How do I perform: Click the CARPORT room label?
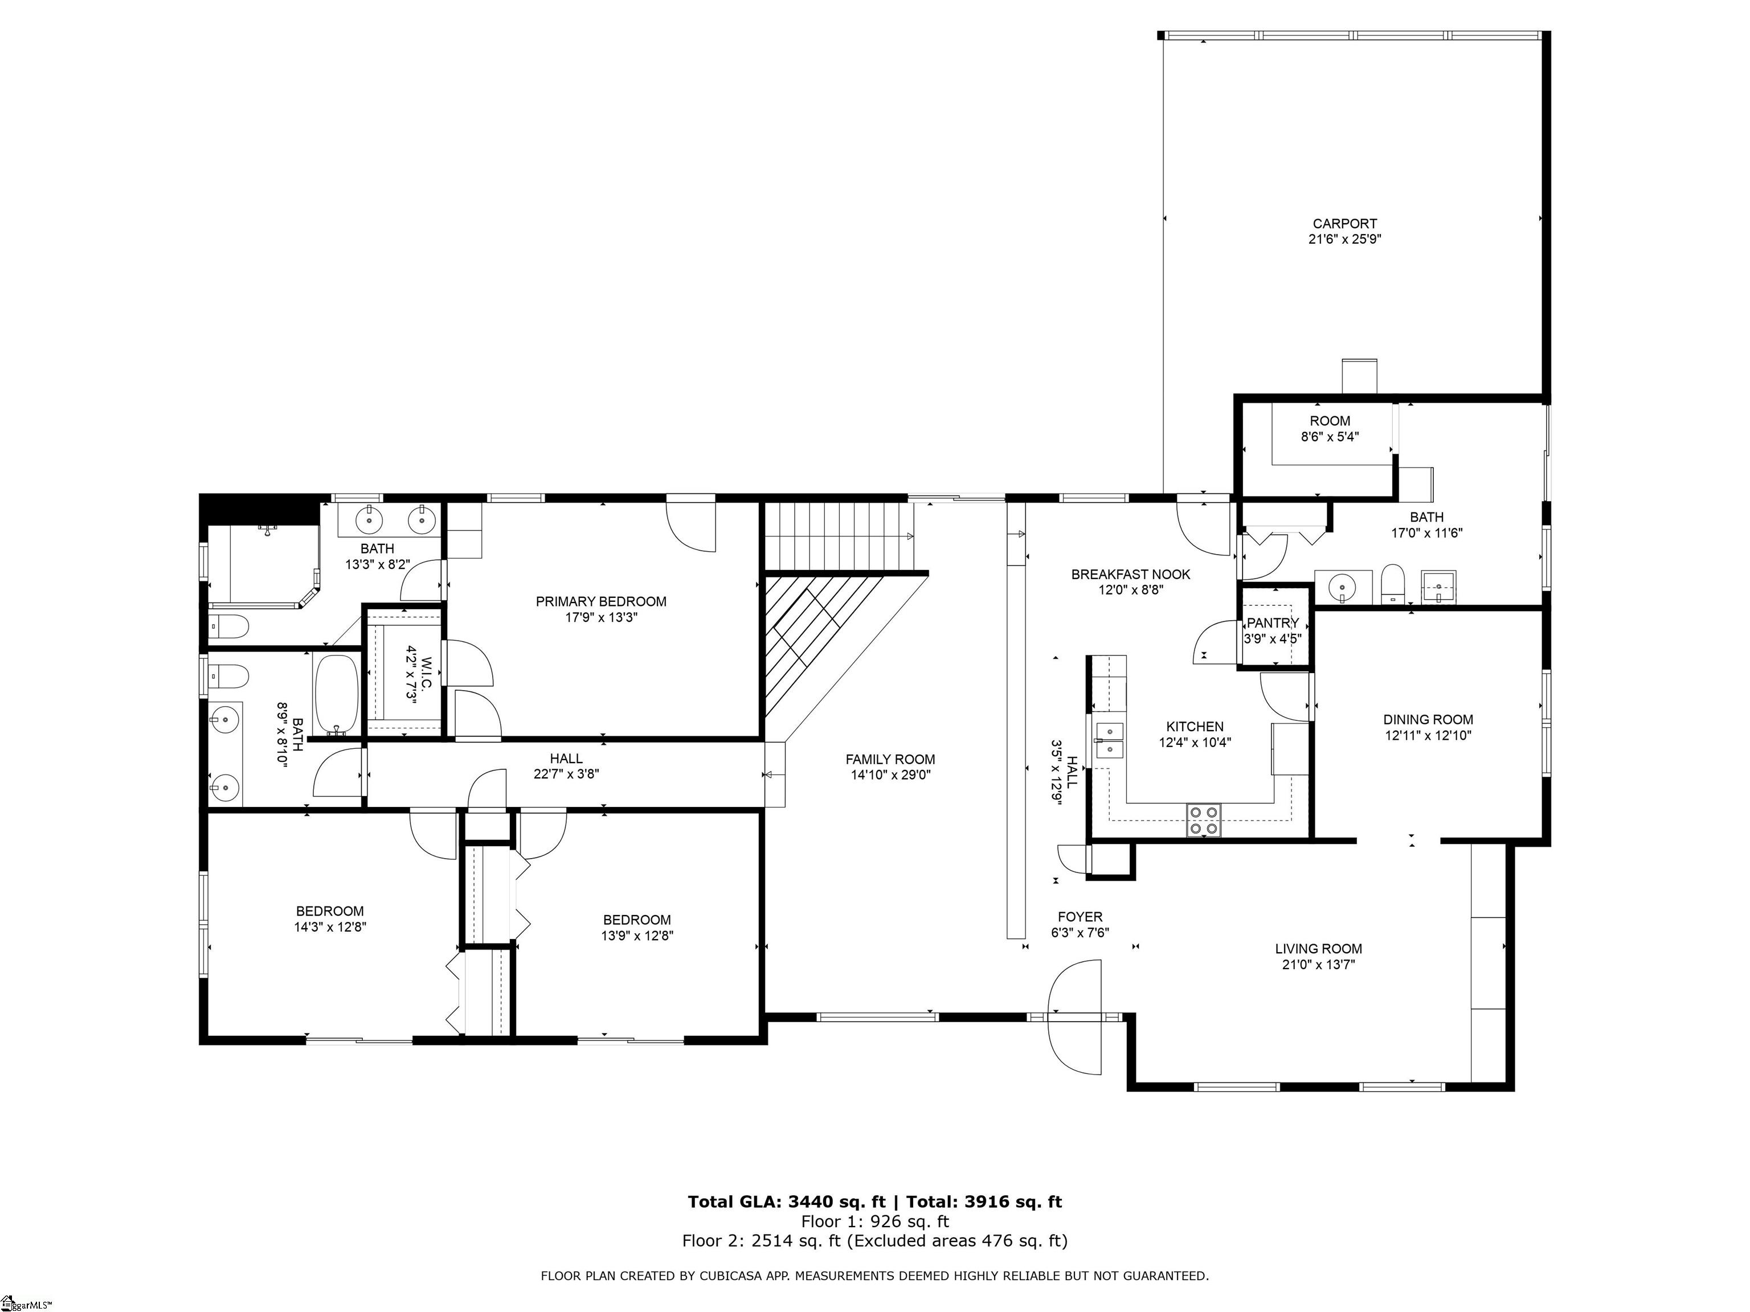pos(1345,224)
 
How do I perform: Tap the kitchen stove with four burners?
pos(1203,820)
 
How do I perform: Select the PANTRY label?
pos(1273,623)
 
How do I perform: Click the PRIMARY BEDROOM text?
pos(601,602)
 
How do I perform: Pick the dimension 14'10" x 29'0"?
pos(891,775)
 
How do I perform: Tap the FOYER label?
pos(1080,917)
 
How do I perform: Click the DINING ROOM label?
pos(1428,720)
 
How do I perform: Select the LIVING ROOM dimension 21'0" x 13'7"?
pos(1319,965)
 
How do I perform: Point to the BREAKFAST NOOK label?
pos(1131,574)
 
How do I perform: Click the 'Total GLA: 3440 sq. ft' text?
pos(786,1202)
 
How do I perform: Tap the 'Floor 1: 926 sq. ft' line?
pos(875,1222)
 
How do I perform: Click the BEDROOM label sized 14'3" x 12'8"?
pos(330,912)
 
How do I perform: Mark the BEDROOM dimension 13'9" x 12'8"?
pos(637,936)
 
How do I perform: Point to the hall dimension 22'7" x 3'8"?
pos(566,774)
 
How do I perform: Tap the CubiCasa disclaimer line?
pos(875,1276)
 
